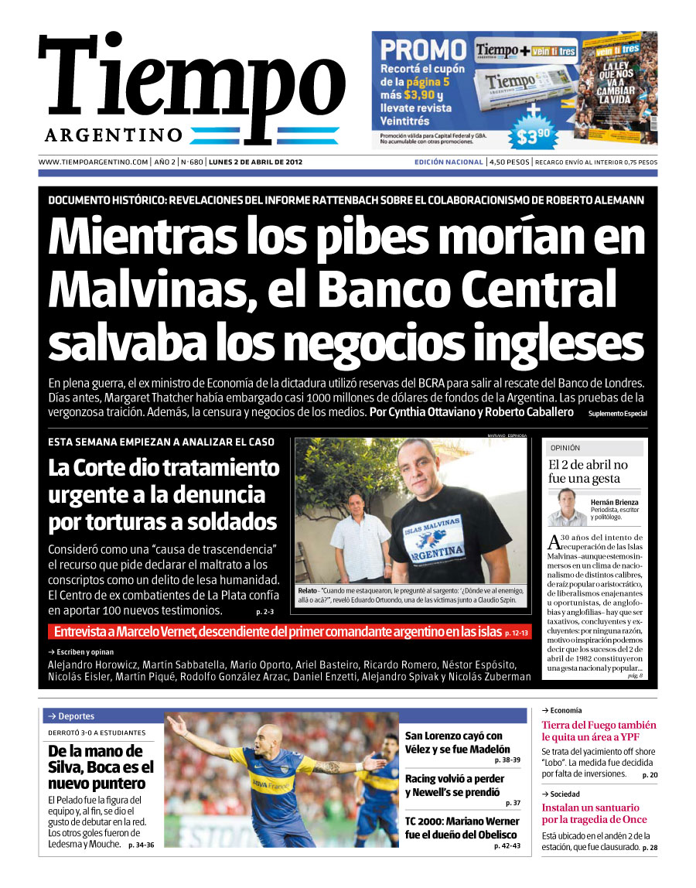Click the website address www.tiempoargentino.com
(93, 162)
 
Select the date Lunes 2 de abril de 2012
(260, 162)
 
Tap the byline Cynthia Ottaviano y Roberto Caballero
(472, 412)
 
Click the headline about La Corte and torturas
(164, 494)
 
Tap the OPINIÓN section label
(565, 448)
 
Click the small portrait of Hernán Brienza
(567, 507)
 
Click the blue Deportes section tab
(76, 716)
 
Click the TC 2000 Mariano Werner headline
(462, 828)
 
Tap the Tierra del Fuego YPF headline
(599, 731)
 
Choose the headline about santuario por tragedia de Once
(595, 814)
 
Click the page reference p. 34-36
(142, 845)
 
